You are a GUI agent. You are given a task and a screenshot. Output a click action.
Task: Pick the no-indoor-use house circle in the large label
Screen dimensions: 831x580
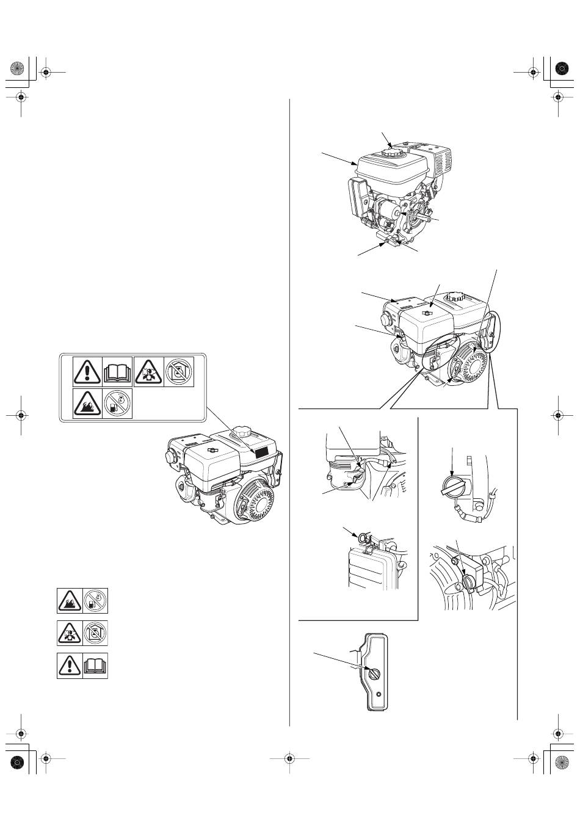coord(179,372)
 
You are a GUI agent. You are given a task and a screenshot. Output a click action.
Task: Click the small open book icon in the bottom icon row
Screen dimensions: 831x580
coord(96,665)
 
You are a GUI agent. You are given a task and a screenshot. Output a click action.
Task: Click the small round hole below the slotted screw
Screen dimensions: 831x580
coord(380,695)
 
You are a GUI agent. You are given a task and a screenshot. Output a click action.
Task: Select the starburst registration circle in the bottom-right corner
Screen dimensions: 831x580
coord(561,761)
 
